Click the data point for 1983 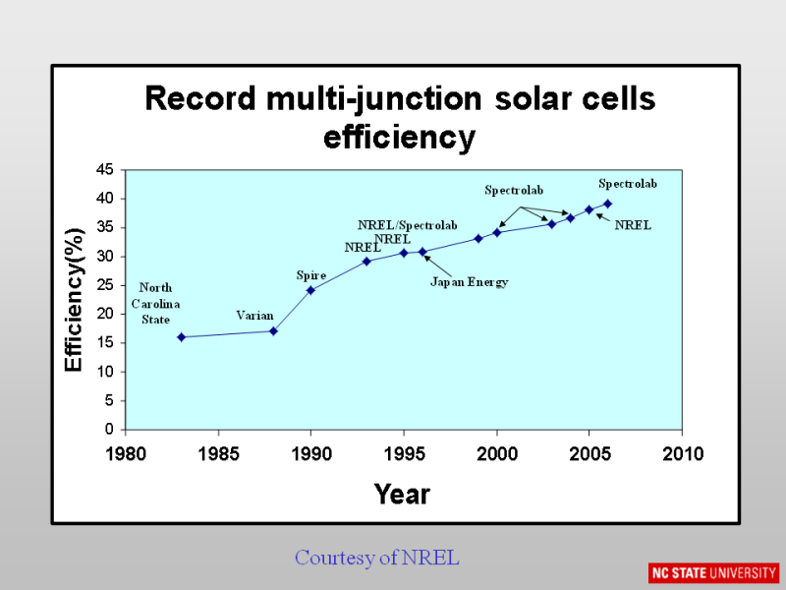click(181, 337)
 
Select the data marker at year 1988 click(273, 331)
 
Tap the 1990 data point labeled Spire click(310, 290)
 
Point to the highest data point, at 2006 click(607, 204)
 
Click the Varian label click(254, 316)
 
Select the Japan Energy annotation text click(470, 282)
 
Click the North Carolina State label click(154, 304)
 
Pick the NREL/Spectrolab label click(407, 226)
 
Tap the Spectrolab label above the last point click(628, 184)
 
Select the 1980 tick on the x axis click(126, 453)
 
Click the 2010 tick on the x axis click(683, 453)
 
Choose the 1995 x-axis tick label click(404, 453)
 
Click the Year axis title click(402, 495)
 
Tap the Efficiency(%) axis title click(75, 299)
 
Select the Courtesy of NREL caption click(377, 558)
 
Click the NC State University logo click(713, 572)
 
